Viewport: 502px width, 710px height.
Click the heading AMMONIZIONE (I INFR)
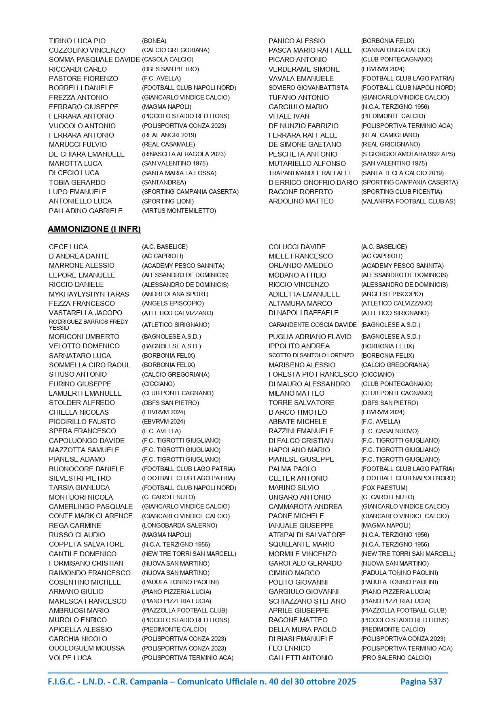pos(94,229)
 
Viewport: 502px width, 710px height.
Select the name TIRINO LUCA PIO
pos(77,41)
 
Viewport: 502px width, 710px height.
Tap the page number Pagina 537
pos(421,681)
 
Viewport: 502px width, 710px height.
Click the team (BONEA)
pos(154,41)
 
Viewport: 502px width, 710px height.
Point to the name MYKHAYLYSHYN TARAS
pos(89,294)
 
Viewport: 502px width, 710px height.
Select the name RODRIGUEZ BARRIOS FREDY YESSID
pos(89,324)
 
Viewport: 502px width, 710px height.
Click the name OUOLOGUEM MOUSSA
pos(87,648)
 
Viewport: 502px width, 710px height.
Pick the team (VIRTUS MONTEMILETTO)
pos(179,211)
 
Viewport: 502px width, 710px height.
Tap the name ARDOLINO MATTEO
pos(301,201)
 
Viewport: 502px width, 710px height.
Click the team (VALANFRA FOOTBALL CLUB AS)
pos(408,201)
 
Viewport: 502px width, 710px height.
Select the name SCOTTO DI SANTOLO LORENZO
pos(311,355)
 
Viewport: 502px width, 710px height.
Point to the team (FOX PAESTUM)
pos(384,487)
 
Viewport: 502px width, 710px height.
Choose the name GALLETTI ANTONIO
pos(301,658)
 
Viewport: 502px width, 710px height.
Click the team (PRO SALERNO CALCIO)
pos(396,658)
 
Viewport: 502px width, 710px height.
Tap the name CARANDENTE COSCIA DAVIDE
pos(312,324)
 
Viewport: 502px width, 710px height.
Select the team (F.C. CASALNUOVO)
pos(390,431)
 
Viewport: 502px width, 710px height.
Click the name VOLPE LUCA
pos(70,658)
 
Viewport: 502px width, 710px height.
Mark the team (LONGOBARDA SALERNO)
pos(180,526)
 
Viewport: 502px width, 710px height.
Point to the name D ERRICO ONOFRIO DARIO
pos(313,182)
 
